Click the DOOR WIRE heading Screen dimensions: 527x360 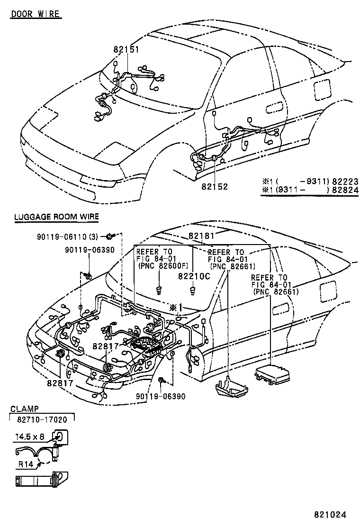point(36,14)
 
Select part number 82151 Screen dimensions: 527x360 point(126,49)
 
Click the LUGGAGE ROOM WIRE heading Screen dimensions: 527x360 point(56,217)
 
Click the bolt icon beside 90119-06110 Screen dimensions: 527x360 point(110,236)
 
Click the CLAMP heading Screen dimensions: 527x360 point(25,408)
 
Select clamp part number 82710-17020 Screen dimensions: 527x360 point(42,419)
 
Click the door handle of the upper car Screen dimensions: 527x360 point(273,109)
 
